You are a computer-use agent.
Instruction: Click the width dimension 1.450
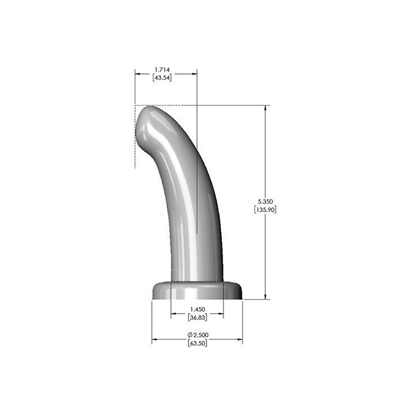[197, 309]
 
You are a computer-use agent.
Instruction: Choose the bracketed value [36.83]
[197, 317]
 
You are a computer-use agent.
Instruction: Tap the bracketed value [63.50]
[197, 343]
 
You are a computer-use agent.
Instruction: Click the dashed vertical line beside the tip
[135, 147]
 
